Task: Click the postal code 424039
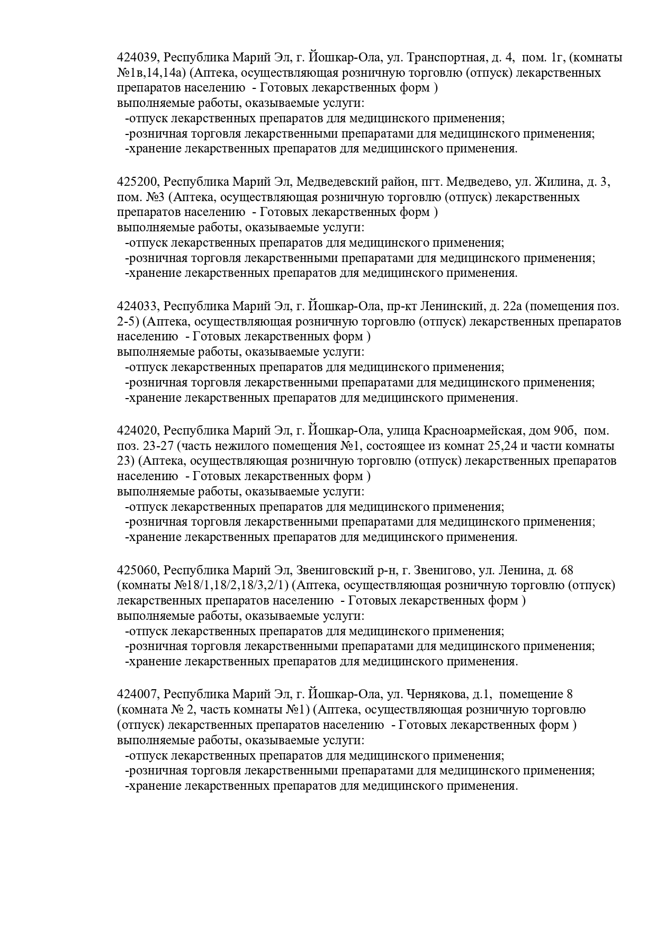tap(137, 57)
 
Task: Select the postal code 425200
tap(137, 182)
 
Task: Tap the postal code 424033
tap(137, 306)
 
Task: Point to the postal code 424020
tap(137, 431)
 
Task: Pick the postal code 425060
tap(137, 570)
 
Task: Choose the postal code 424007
tap(137, 695)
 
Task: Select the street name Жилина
tap(556, 182)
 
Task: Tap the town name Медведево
tap(477, 182)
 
